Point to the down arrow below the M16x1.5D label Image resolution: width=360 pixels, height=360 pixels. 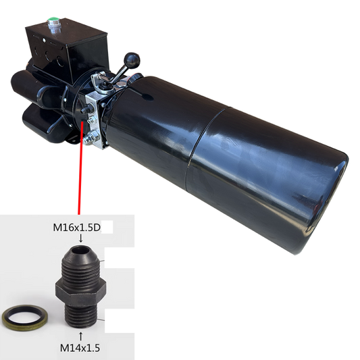coord(81,238)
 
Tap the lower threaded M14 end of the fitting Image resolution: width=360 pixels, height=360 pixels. coord(82,311)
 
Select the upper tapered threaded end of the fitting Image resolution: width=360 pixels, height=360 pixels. coord(81,260)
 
